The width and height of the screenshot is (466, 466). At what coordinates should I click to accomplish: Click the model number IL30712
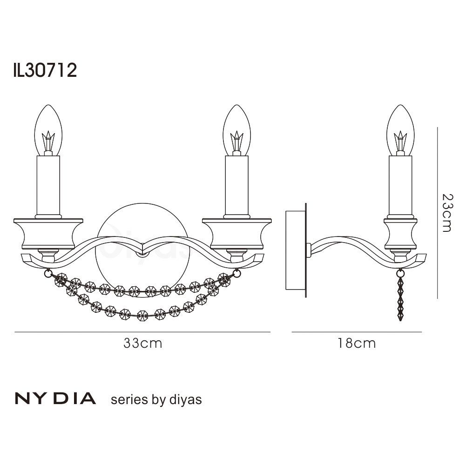pos(45,71)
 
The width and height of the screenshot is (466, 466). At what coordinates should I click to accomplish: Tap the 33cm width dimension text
pos(143,344)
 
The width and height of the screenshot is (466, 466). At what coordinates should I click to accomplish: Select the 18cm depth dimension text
pos(357,344)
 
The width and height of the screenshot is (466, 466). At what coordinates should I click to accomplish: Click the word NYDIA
pos(56,399)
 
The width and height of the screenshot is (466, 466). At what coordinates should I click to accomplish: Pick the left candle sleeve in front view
pos(48,184)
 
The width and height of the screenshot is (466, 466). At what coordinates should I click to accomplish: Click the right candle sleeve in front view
pos(237,184)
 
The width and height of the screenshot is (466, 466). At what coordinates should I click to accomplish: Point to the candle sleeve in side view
pos(400,184)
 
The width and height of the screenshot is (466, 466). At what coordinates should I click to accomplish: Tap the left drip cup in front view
pos(48,233)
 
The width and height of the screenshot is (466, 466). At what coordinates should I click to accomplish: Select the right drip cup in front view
pos(237,233)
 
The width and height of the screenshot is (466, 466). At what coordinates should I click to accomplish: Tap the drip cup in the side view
pos(400,233)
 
